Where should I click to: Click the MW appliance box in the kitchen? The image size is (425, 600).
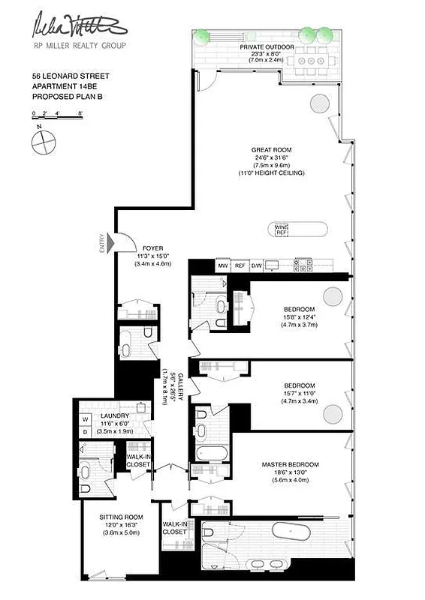(223, 265)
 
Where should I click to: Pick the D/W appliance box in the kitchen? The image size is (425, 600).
(256, 265)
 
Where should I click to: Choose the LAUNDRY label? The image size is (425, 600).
(117, 415)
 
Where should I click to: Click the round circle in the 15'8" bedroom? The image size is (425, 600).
(332, 295)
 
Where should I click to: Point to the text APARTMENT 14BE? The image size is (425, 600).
(66, 86)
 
